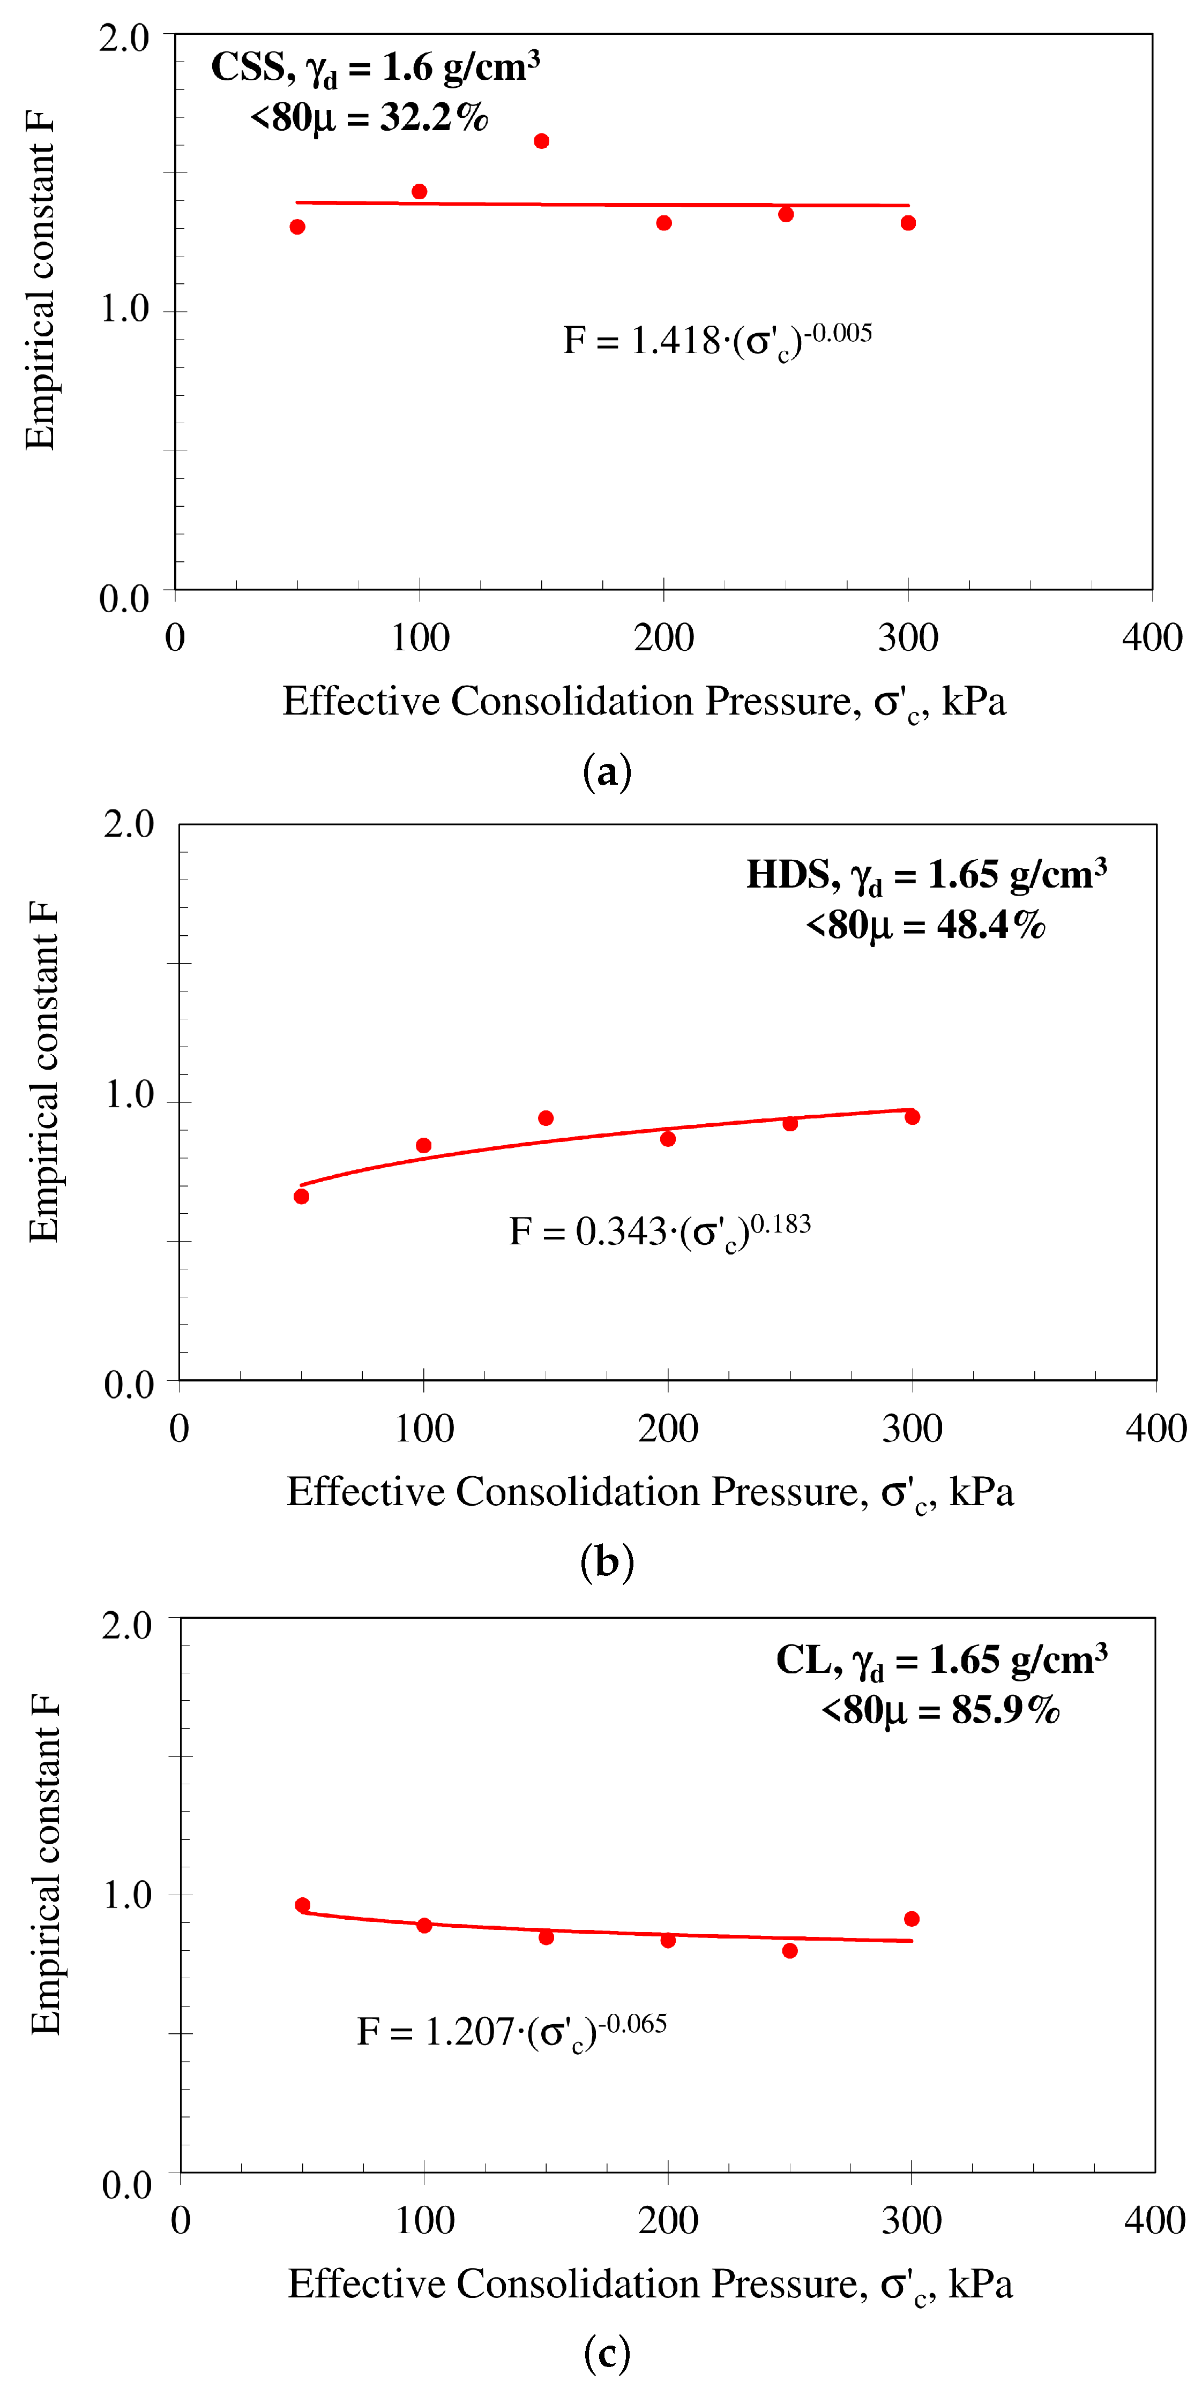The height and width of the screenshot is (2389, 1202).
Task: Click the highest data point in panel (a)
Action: point(542,141)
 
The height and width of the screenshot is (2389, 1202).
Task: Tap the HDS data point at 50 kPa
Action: point(301,1196)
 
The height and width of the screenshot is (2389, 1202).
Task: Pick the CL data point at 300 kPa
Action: point(912,1919)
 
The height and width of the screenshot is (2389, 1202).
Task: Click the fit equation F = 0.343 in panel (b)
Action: point(660,1231)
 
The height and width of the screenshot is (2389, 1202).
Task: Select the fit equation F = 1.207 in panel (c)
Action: point(512,2031)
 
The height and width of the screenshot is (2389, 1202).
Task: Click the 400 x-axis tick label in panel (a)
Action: point(1152,638)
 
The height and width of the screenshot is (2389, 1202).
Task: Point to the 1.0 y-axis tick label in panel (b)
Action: point(129,1095)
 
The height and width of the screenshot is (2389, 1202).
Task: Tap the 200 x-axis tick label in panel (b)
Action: point(668,1428)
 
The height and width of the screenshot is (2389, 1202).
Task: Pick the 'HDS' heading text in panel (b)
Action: point(788,875)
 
